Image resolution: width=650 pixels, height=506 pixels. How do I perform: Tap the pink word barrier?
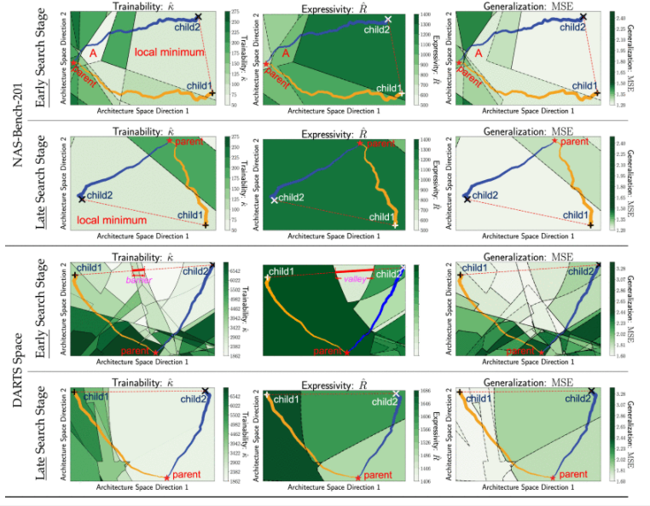pyautogui.click(x=137, y=280)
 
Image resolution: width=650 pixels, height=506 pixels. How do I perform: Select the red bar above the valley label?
pyautogui.click(x=353, y=270)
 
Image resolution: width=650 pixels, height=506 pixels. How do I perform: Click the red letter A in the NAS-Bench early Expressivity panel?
pyautogui.click(x=287, y=53)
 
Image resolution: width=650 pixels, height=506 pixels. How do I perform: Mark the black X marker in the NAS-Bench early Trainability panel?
pyautogui.click(x=199, y=16)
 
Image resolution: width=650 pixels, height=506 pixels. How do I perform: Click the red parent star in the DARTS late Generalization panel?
pyautogui.click(x=553, y=476)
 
